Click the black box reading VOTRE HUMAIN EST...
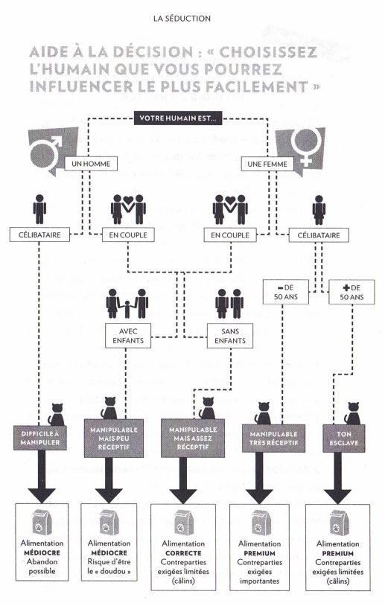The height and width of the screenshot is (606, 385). click(178, 118)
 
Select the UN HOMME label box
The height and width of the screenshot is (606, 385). click(91, 164)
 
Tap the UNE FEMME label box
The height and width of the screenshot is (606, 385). click(267, 164)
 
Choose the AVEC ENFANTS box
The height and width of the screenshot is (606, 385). click(128, 336)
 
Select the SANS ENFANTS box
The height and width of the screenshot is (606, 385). click(230, 336)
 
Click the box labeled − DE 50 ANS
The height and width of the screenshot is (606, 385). click(286, 292)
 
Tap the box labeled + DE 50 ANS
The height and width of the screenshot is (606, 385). click(351, 292)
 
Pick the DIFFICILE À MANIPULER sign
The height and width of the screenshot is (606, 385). click(40, 438)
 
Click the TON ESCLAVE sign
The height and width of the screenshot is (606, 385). click(343, 438)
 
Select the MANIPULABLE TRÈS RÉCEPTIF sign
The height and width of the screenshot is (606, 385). click(273, 438)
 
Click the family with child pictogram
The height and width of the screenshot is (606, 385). click(127, 304)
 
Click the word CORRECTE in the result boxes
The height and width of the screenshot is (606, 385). click(183, 553)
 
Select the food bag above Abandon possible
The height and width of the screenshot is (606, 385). click(42, 523)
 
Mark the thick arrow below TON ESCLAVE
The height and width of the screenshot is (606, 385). click(337, 478)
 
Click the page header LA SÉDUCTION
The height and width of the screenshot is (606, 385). click(182, 18)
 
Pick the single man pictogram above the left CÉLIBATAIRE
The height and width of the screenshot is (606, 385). click(39, 209)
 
